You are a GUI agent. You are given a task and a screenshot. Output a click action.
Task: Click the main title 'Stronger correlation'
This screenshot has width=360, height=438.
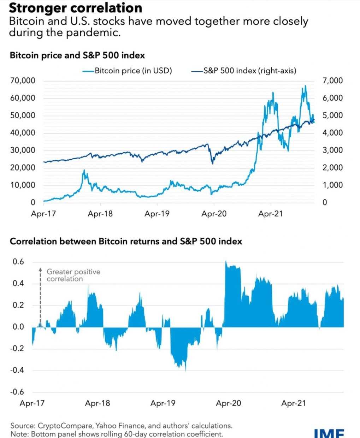click(75, 8)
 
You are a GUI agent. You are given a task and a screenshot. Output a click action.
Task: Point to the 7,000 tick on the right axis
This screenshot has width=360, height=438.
click(333, 81)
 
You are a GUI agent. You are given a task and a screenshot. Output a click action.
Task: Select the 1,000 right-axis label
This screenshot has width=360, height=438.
click(333, 185)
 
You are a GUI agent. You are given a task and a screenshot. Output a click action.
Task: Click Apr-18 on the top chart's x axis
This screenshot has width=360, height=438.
click(100, 214)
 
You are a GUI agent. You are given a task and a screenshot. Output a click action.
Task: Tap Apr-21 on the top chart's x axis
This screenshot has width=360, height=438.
click(270, 214)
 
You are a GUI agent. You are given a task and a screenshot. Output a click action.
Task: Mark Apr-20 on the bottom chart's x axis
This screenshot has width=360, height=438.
click(228, 403)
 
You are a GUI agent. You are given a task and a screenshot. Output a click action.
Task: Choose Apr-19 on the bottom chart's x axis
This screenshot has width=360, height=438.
click(163, 403)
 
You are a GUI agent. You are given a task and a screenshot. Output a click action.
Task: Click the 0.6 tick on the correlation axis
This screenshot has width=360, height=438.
click(18, 262)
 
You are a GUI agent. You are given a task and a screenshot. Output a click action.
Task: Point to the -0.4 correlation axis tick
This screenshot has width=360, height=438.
click(17, 370)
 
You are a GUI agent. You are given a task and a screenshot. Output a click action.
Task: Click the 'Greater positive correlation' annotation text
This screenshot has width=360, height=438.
click(73, 275)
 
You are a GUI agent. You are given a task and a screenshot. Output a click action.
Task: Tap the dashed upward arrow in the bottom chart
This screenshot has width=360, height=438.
click(40, 297)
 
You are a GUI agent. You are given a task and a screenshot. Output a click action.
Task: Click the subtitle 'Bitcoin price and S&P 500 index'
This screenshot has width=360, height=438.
click(77, 55)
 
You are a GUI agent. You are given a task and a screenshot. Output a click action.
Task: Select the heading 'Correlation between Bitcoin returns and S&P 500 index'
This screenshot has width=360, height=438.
click(126, 241)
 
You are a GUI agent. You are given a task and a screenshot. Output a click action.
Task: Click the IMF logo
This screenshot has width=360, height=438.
click(329, 433)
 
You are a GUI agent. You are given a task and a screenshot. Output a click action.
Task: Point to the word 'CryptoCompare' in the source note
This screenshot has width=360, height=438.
click(62, 426)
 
